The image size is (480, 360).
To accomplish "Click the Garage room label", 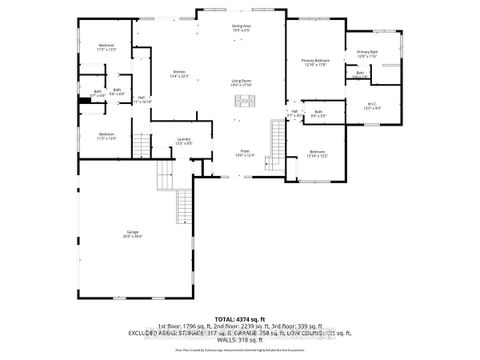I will click(132, 234).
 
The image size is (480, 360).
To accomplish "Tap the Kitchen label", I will click(179, 73).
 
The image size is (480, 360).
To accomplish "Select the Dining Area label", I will click(240, 28).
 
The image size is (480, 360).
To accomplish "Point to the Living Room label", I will click(240, 83).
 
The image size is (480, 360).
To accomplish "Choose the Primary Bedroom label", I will click(315, 63).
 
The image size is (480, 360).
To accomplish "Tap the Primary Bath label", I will click(367, 53).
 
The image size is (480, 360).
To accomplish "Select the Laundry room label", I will click(184, 141).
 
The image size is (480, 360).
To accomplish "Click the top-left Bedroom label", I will click(107, 47).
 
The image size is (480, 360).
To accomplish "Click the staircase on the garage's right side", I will click(184, 208).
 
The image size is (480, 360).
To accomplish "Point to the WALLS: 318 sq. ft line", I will click(240, 339).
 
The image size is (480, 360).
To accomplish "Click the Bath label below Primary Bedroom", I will click(318, 112).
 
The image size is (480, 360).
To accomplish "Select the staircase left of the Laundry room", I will click(162, 177).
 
